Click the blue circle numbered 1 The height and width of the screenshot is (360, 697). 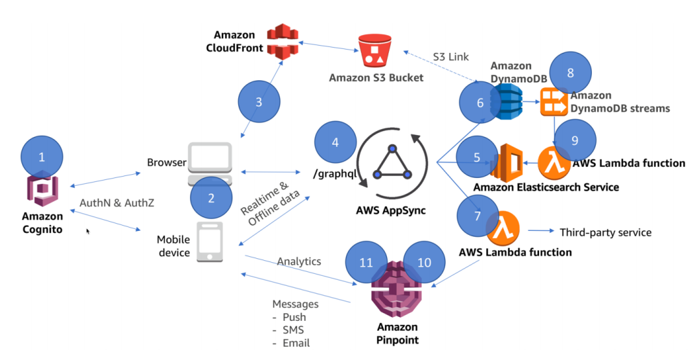tap(42, 157)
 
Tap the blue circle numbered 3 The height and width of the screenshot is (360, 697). tap(258, 102)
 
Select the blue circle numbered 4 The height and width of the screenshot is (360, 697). tap(335, 142)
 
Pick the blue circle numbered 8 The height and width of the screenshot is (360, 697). tap(570, 73)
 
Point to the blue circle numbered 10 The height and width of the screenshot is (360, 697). tap(424, 262)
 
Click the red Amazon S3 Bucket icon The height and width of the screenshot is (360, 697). tap(375, 48)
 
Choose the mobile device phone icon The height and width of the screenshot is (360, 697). tap(209, 242)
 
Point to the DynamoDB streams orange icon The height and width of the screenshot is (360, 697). tap(555, 102)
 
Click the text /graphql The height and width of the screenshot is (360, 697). tap(333, 173)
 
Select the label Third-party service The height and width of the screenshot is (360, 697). tap(605, 232)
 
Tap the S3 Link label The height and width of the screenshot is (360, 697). tap(451, 57)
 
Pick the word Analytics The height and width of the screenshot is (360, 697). tap(299, 262)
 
